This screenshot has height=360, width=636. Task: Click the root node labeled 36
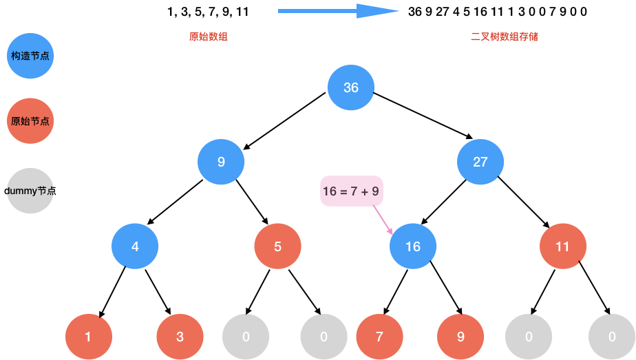[351, 87]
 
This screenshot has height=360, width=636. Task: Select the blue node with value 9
[221, 162]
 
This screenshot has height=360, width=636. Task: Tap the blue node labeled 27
[480, 162]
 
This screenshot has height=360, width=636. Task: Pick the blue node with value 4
[135, 246]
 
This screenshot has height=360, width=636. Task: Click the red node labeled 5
[277, 246]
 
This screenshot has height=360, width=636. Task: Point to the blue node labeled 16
[413, 246]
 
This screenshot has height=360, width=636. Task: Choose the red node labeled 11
[563, 246]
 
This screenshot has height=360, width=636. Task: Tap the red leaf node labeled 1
[88, 337]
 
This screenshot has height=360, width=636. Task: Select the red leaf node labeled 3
[180, 337]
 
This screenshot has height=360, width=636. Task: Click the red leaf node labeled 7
[379, 337]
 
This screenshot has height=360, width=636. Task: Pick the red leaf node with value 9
[460, 337]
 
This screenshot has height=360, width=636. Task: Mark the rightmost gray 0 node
[611, 337]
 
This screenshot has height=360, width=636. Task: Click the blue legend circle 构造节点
[30, 56]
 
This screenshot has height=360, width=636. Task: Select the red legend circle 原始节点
[30, 121]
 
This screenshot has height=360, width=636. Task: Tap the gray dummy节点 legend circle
[30, 191]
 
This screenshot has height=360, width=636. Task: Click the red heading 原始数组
[209, 36]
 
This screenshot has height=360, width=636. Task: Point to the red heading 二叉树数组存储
[504, 36]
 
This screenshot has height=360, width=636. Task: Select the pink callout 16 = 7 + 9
[351, 191]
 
